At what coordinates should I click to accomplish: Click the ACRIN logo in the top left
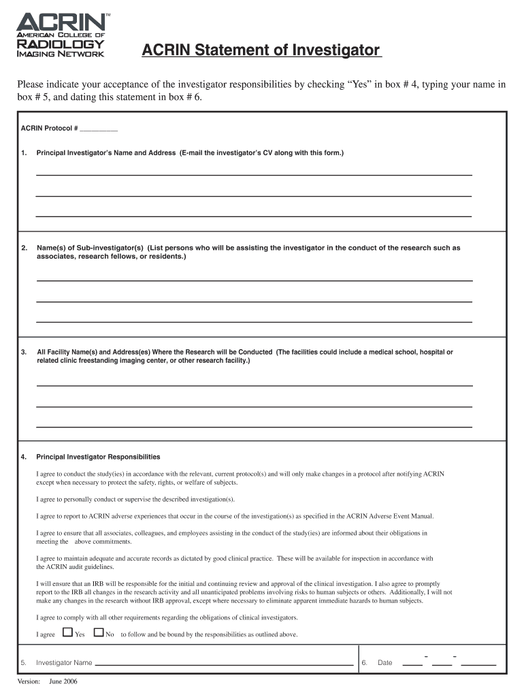pyautogui.click(x=61, y=35)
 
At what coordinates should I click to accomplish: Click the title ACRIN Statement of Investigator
pyautogui.click(x=261, y=50)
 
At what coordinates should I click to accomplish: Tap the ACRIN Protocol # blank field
pyautogui.click(x=99, y=129)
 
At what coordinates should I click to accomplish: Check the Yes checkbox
pyautogui.click(x=67, y=632)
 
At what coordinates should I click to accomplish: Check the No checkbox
pyautogui.click(x=98, y=632)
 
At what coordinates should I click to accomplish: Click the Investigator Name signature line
pyautogui.click(x=224, y=663)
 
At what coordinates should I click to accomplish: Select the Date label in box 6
pyautogui.click(x=385, y=663)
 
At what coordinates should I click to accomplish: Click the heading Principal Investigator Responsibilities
pyautogui.click(x=98, y=457)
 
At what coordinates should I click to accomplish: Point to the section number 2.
pyautogui.click(x=24, y=248)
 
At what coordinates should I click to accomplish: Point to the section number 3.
pyautogui.click(x=24, y=352)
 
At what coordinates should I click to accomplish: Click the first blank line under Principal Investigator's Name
pyautogui.click(x=253, y=175)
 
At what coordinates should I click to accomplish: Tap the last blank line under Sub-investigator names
pyautogui.click(x=253, y=321)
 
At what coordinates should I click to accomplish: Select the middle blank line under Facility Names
pyautogui.click(x=253, y=406)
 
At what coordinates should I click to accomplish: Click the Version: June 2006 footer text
pyautogui.click(x=47, y=682)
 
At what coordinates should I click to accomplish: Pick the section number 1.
pyautogui.click(x=24, y=153)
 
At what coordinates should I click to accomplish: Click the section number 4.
pyautogui.click(x=24, y=457)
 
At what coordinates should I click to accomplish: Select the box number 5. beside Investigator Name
pyautogui.click(x=24, y=663)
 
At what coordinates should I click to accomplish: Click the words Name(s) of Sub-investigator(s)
pyautogui.click(x=90, y=248)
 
